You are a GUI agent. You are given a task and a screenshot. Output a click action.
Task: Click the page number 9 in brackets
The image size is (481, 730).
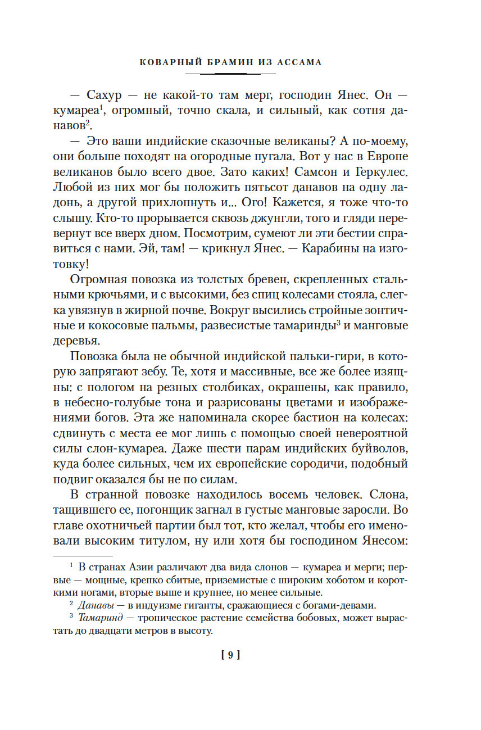tap(230, 654)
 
